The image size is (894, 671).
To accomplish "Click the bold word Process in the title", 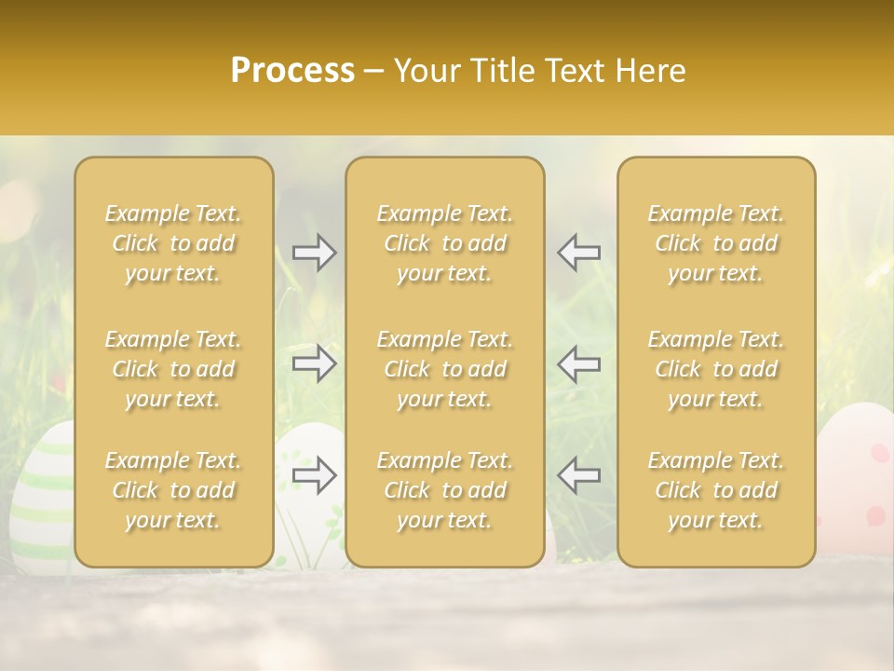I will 292,71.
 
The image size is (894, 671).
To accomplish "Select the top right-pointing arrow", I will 315,253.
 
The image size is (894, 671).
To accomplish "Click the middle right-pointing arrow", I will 315,363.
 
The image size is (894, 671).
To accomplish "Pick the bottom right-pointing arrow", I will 315,475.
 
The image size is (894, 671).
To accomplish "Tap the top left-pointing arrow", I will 579,253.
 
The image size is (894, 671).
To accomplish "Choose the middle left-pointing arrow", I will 579,363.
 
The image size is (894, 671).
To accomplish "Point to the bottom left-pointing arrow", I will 579,475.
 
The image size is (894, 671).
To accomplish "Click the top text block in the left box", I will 173,243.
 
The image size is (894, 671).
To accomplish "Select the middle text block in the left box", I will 173,369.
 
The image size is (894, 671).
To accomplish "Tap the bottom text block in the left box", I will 173,490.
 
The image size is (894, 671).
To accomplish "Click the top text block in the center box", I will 445,243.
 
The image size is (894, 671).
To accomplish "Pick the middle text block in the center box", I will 445,369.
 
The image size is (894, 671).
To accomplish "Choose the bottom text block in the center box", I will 445,490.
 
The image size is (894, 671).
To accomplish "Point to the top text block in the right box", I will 716,243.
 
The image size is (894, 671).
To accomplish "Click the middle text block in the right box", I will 716,369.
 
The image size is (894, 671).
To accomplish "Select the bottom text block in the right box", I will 716,490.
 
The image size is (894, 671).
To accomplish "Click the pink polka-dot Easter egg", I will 857,475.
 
